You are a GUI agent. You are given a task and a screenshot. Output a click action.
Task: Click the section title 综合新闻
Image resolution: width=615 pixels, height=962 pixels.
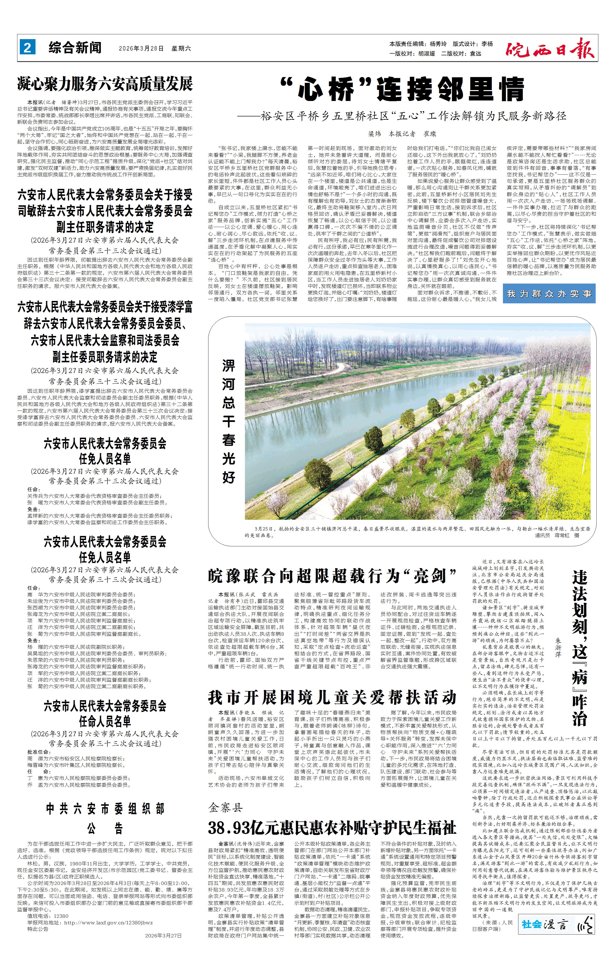(x=75, y=48)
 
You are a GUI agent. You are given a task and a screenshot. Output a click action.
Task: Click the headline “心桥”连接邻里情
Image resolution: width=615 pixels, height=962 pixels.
(x=402, y=90)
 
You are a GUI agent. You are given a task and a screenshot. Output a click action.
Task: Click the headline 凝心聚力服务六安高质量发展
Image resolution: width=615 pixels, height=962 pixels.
(x=105, y=84)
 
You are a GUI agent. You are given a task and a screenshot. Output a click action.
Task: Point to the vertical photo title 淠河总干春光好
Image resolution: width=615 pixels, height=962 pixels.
(x=229, y=421)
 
